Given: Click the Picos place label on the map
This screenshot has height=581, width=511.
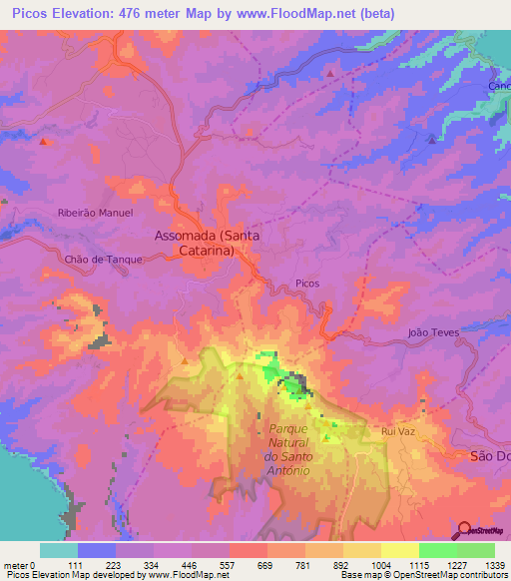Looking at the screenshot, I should (x=307, y=284).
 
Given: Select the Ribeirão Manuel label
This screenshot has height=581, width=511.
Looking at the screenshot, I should (x=95, y=213).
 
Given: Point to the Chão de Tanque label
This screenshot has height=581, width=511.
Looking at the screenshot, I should (x=104, y=259).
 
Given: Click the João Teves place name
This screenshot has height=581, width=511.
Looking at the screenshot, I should (x=431, y=332).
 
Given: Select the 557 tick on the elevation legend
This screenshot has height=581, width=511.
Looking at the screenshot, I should (x=229, y=564).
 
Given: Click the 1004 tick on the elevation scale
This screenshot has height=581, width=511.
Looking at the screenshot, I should (x=380, y=564).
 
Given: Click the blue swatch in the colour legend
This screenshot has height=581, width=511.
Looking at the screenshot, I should (x=97, y=550).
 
